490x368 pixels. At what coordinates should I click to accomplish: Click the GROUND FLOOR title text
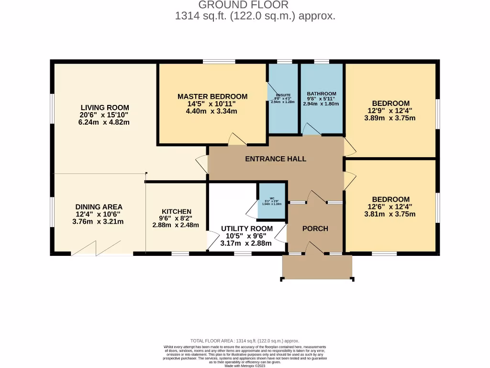(x=243, y=5)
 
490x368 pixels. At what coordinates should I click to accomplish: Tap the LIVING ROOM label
(x=104, y=108)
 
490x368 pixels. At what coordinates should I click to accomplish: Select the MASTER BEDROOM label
(x=212, y=97)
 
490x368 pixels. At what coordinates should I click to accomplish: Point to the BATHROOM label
(x=321, y=94)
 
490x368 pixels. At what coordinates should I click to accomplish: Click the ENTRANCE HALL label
(x=276, y=159)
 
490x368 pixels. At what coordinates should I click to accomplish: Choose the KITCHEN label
(x=176, y=211)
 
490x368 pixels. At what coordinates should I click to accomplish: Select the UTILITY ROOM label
(x=246, y=229)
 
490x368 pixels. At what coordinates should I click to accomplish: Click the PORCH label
(x=315, y=229)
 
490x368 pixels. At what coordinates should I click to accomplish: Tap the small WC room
(x=271, y=201)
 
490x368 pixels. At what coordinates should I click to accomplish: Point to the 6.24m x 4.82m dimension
(x=104, y=122)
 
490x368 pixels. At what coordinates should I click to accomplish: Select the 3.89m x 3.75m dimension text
(x=390, y=118)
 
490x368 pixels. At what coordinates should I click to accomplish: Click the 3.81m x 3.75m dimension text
(x=390, y=214)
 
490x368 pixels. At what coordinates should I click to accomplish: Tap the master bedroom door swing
(x=237, y=139)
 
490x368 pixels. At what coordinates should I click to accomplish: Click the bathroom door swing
(x=312, y=129)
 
